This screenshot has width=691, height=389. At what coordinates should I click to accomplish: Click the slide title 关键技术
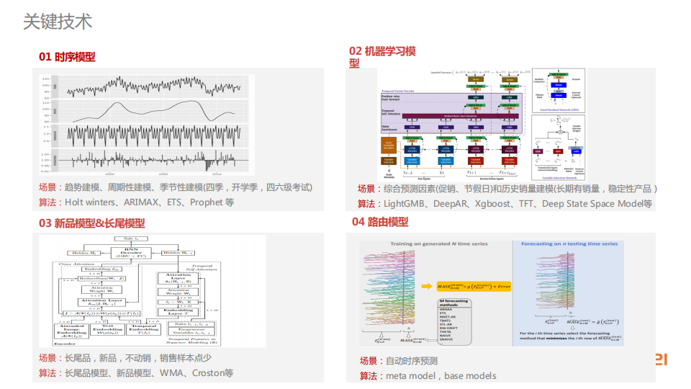tap(58, 22)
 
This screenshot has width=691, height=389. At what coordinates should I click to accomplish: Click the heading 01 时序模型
tap(67, 56)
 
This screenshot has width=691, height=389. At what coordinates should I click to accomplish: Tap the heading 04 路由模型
tap(380, 222)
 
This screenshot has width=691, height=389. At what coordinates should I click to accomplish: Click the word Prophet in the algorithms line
tap(207, 202)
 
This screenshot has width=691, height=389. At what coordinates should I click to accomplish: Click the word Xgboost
tap(496, 204)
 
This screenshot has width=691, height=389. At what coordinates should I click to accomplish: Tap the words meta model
tap(412, 375)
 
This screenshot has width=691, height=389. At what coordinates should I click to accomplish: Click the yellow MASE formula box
tap(471, 287)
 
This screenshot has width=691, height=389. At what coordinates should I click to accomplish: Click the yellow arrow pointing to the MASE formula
tap(425, 287)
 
